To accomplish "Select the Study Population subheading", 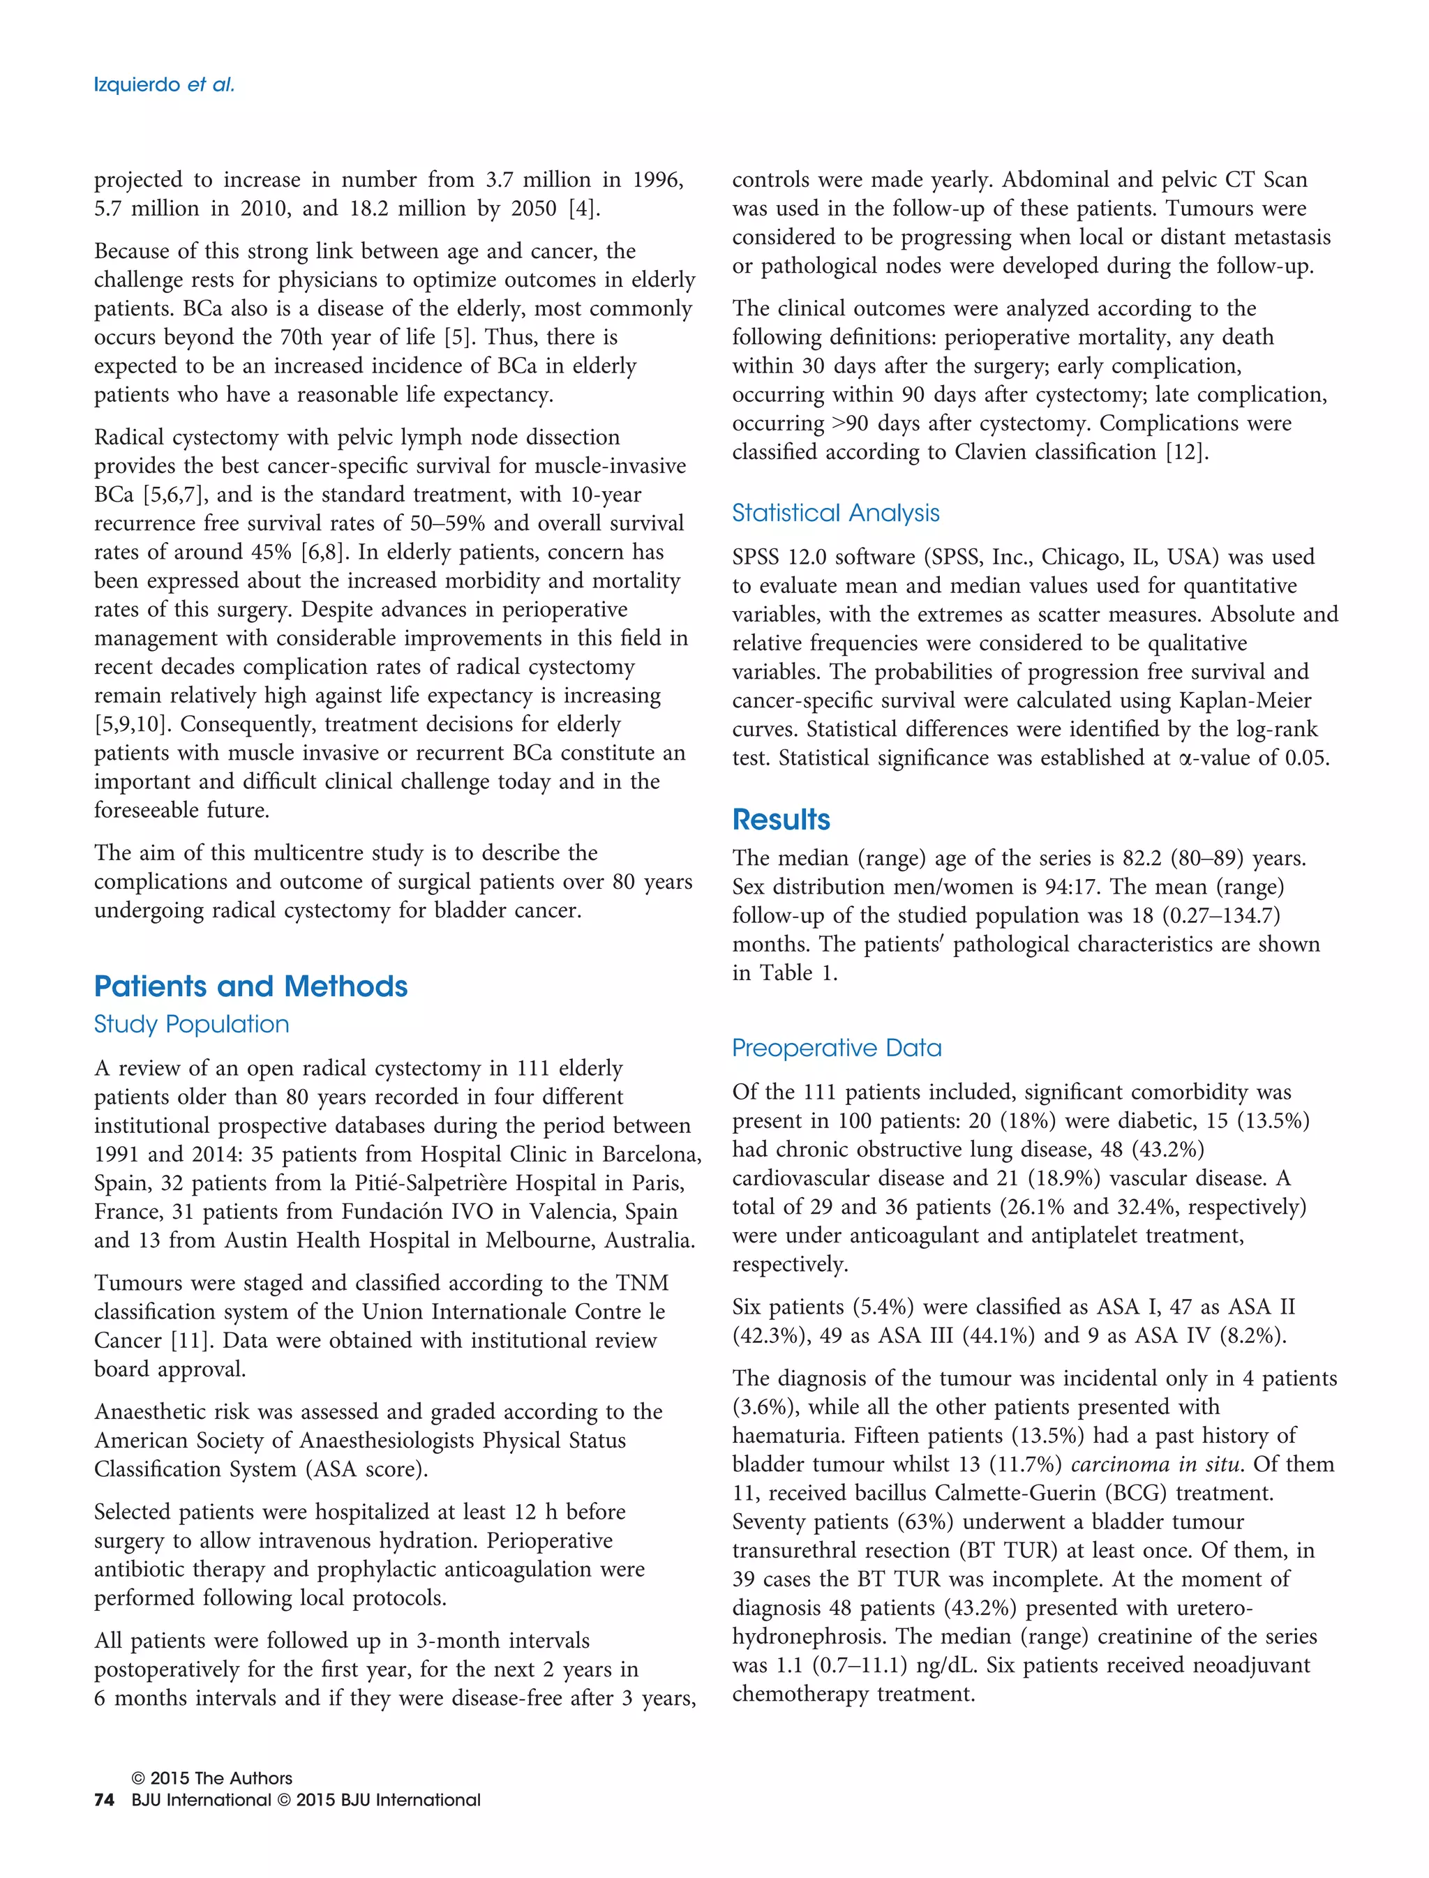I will point(191,1024).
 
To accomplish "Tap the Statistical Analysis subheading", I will point(835,513).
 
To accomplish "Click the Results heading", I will point(781,819).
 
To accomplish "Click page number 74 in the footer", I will point(104,1800).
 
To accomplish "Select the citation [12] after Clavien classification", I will point(1185,453).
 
